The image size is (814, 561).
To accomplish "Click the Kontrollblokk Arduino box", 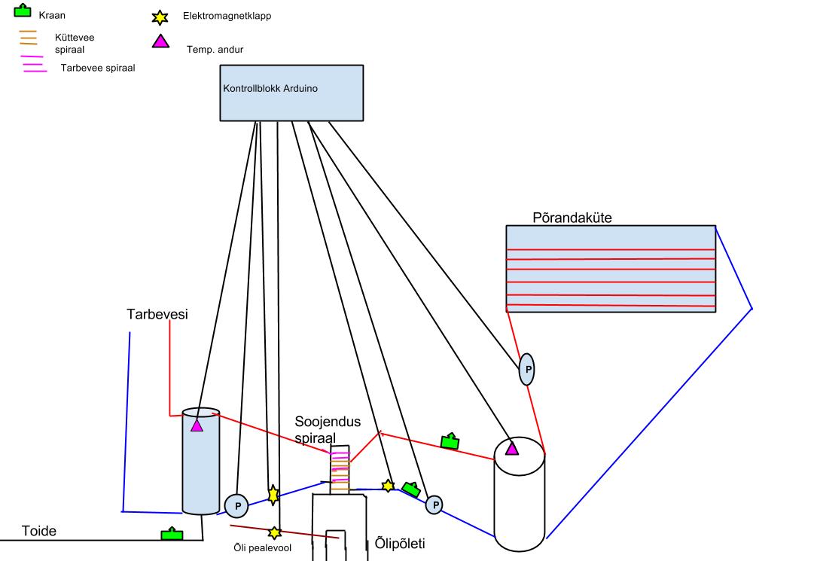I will (291, 93).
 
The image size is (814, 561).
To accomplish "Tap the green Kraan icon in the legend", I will (23, 11).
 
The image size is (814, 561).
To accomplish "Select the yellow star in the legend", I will (159, 16).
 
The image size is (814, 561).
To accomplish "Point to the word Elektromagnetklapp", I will (226, 15).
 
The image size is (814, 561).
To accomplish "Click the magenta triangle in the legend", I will (160, 41).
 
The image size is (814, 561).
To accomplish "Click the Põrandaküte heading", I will (572, 218).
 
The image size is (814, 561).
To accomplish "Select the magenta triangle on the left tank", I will (197, 426).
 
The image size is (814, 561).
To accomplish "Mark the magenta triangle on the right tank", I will (512, 450).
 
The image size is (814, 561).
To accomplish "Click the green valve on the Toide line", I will (172, 534).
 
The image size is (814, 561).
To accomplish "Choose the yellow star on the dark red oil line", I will (274, 532).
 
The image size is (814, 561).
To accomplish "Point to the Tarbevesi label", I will (157, 314).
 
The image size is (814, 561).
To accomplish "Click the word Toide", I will (39, 531).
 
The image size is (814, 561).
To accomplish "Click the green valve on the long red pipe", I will (450, 441).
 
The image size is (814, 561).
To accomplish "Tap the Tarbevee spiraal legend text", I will (97, 68).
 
